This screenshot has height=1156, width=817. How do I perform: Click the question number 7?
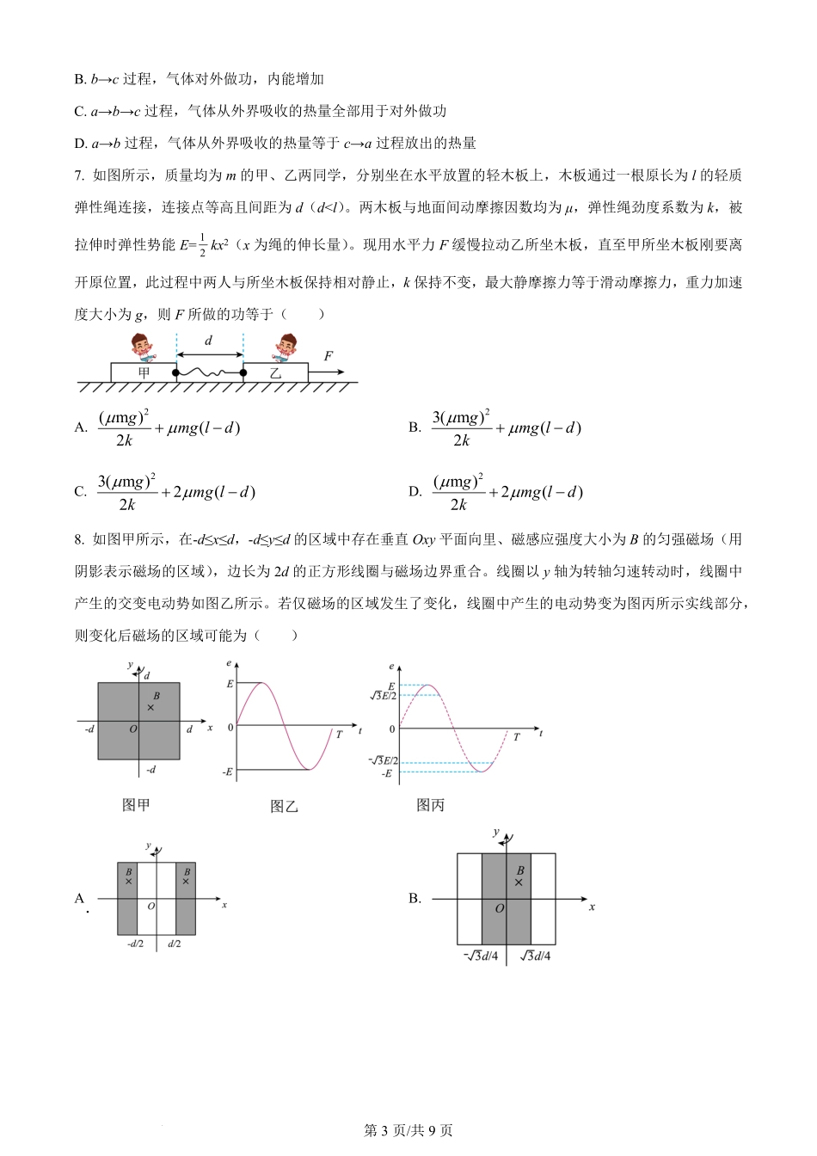click(x=79, y=175)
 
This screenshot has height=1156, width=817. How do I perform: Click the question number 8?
click(x=79, y=539)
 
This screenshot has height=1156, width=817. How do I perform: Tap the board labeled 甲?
click(x=143, y=372)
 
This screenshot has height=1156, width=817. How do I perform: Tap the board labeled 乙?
click(x=275, y=372)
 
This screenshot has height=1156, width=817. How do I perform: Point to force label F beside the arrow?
click(x=328, y=356)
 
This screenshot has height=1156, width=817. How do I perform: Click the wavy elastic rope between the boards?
click(x=209, y=372)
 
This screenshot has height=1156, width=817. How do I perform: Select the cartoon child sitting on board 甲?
click(x=143, y=348)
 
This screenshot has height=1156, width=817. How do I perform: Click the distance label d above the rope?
click(x=208, y=341)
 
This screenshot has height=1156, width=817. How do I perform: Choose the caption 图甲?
click(x=136, y=805)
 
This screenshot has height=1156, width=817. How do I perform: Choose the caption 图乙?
click(x=284, y=806)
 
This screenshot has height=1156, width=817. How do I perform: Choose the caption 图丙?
click(x=430, y=805)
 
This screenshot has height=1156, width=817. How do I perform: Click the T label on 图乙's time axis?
click(x=339, y=735)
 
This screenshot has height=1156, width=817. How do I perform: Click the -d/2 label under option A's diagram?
click(x=135, y=944)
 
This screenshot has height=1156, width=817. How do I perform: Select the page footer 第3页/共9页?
click(x=408, y=1130)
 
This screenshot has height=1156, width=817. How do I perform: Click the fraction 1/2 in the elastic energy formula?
click(x=203, y=244)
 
